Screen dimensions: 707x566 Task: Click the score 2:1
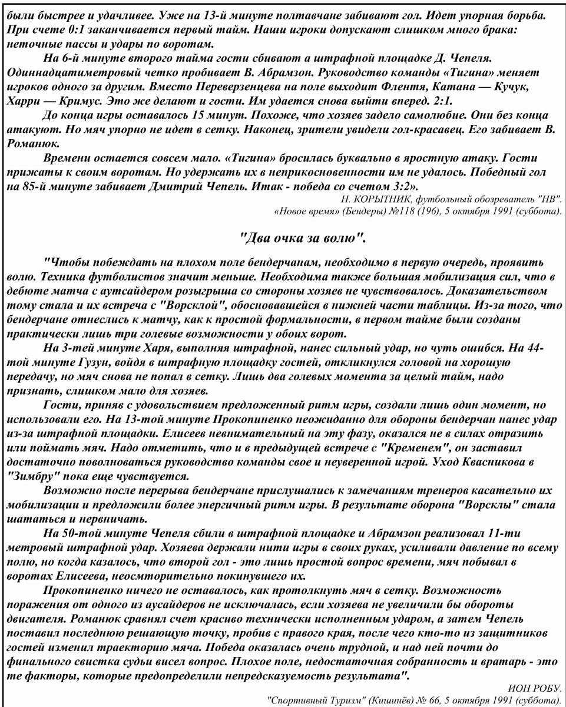446,101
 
